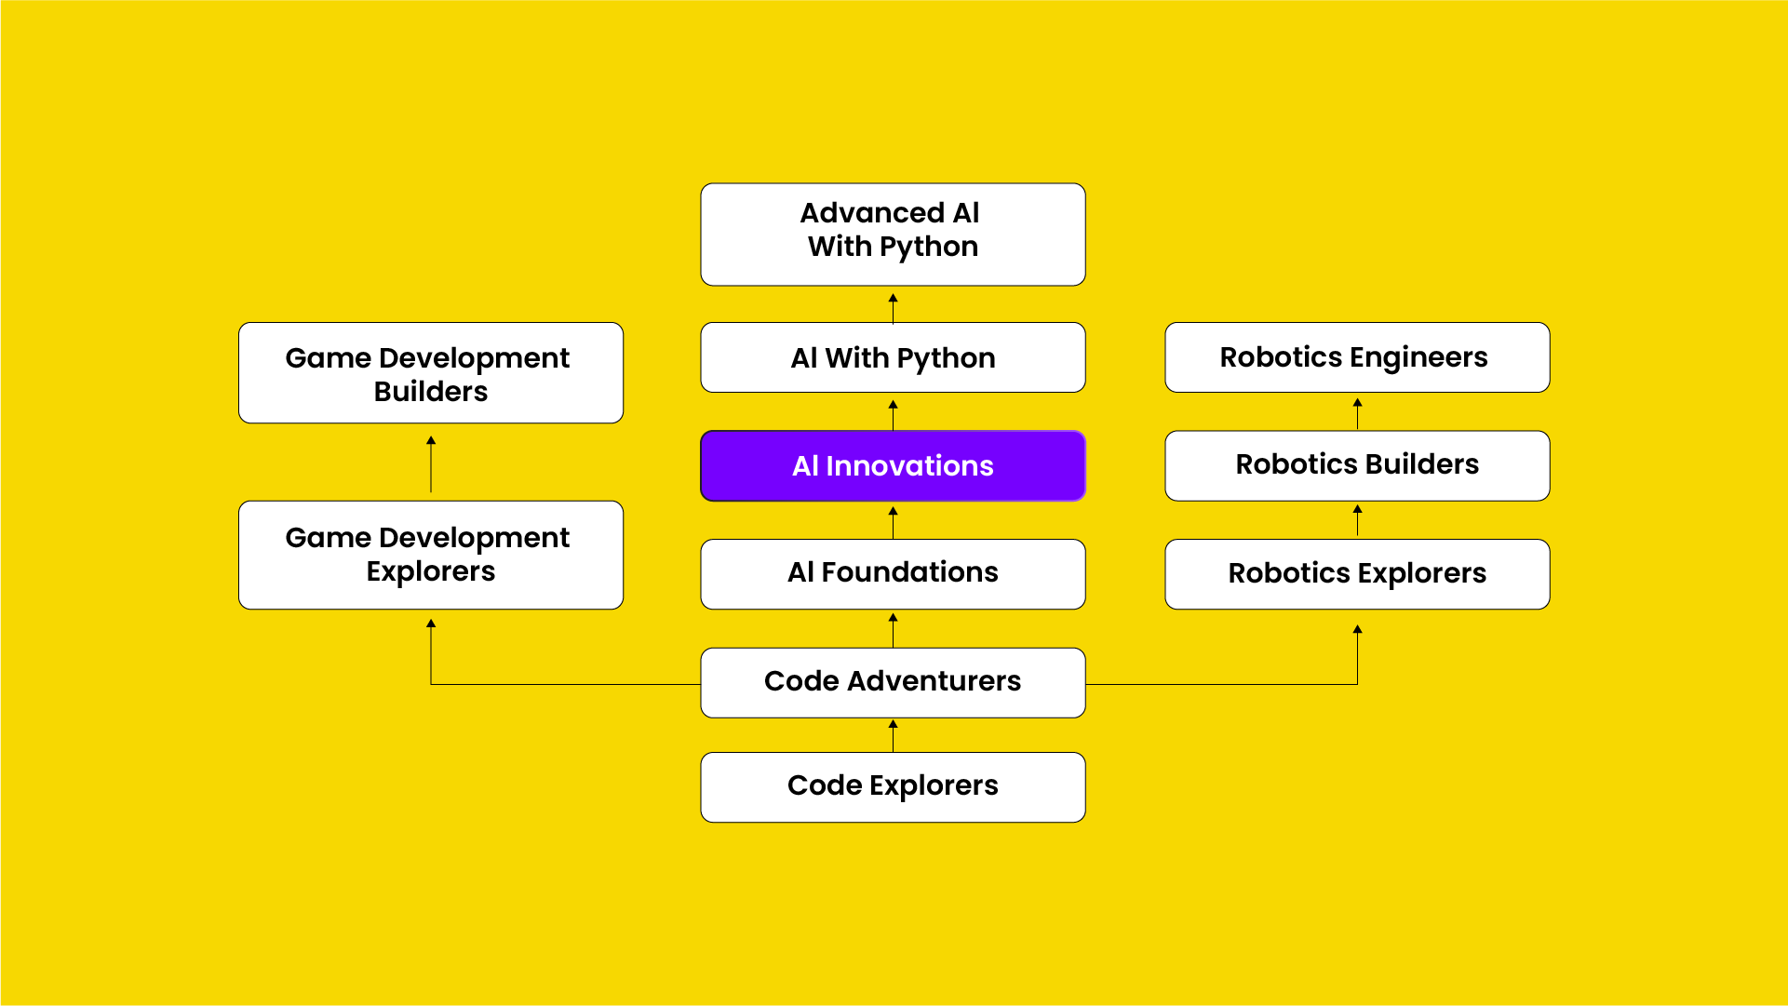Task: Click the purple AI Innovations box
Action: click(893, 465)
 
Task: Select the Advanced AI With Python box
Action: click(893, 234)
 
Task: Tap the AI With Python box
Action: click(893, 357)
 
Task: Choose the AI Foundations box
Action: click(893, 573)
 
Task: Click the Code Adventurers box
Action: click(893, 682)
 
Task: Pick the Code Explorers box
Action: click(893, 786)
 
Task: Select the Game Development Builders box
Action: click(431, 373)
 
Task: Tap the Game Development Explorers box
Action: click(431, 555)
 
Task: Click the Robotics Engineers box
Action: click(1357, 357)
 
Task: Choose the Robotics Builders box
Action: click(1357, 465)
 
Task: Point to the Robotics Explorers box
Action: click(1357, 573)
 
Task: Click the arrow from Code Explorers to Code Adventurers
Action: click(893, 735)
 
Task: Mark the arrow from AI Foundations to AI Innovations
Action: click(893, 521)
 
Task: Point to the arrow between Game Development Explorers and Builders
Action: click(431, 463)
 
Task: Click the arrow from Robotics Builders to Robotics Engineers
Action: click(1357, 412)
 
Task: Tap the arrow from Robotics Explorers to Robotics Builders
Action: click(1357, 519)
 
